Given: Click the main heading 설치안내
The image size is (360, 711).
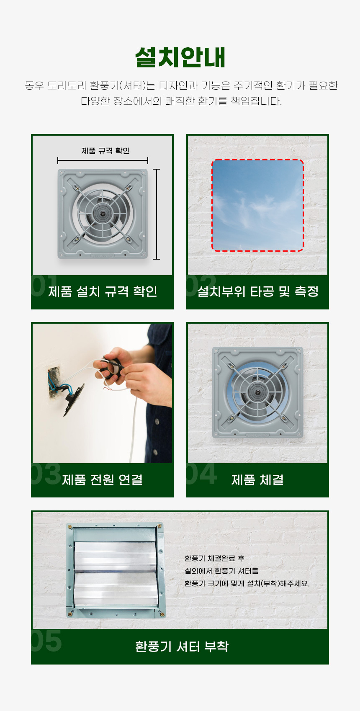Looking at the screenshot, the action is pyautogui.click(x=180, y=57).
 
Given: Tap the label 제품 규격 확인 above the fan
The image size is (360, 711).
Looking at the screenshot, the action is pyautogui.click(x=105, y=151).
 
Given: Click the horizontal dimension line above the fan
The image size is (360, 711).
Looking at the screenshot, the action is pyautogui.click(x=103, y=160).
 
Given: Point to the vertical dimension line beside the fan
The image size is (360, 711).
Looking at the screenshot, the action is pyautogui.click(x=157, y=214).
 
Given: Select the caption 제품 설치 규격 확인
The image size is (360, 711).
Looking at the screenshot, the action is pyautogui.click(x=103, y=291).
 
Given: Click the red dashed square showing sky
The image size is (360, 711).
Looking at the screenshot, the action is pyautogui.click(x=257, y=205).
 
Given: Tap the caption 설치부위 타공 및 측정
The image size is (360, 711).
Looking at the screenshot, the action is pyautogui.click(x=257, y=291).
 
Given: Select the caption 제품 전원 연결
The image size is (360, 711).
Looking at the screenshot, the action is pyautogui.click(x=102, y=479).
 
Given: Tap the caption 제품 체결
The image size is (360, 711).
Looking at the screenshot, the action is pyautogui.click(x=257, y=479).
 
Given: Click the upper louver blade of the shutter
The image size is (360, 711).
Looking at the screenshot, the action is pyautogui.click(x=116, y=556).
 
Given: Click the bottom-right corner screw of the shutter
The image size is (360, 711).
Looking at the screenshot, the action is pyautogui.click(x=162, y=614).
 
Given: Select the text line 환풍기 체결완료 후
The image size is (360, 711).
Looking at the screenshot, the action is pyautogui.click(x=214, y=558).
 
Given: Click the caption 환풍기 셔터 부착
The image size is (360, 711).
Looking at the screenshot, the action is pyautogui.click(x=182, y=646).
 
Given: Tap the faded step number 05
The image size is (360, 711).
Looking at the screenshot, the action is pyautogui.click(x=46, y=641).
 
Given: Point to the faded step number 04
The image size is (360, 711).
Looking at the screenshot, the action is pyautogui.click(x=202, y=474).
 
